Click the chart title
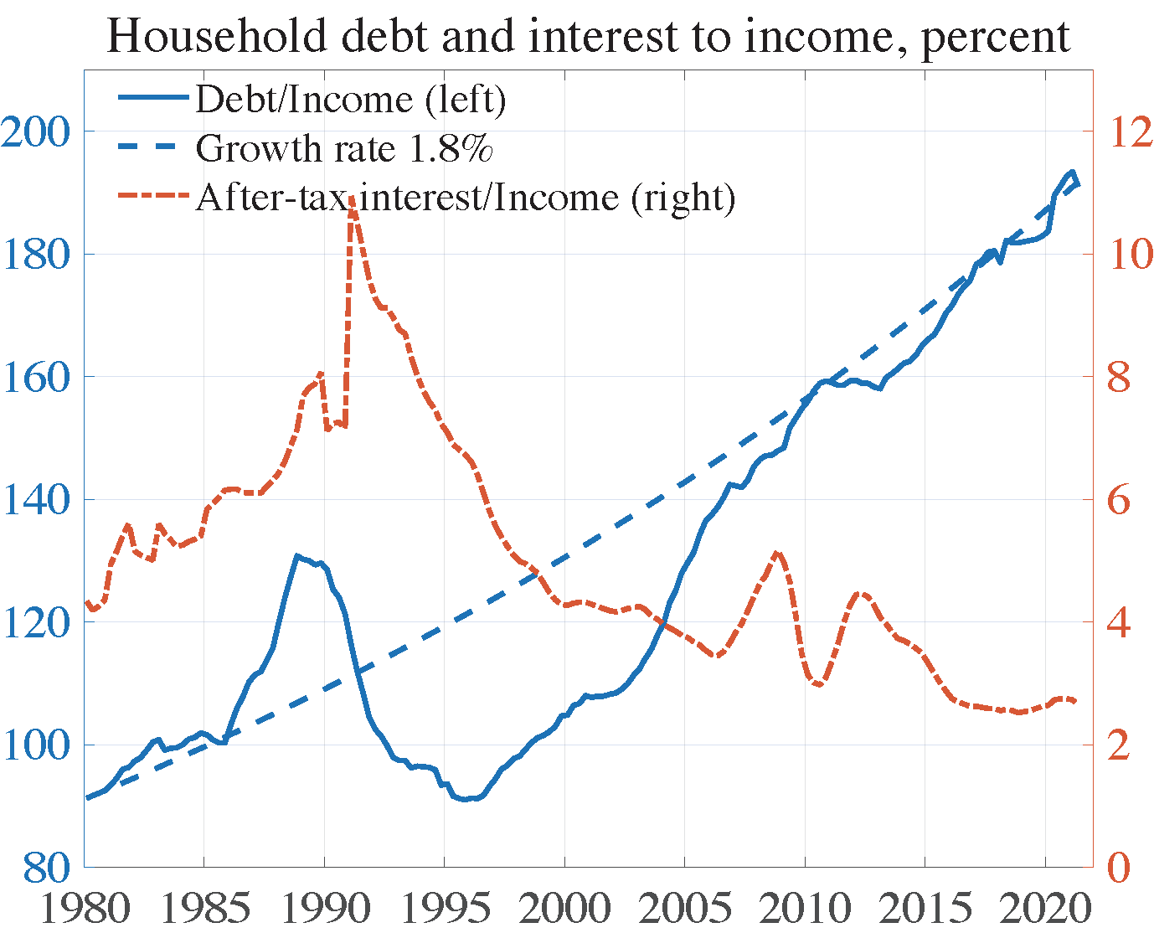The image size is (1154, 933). [x=588, y=35]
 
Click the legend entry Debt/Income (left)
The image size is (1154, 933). [x=350, y=99]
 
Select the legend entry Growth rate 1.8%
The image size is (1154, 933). [x=343, y=148]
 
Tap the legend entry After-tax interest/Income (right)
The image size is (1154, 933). [x=465, y=197]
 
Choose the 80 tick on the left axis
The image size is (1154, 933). [x=46, y=868]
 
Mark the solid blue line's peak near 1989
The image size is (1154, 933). [x=296, y=555]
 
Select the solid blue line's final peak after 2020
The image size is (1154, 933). [x=1071, y=173]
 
